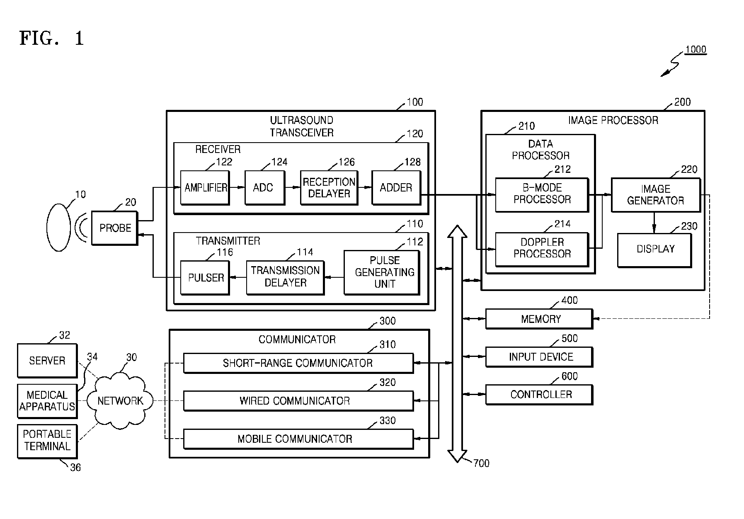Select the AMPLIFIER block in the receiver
point(205,188)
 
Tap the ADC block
point(264,188)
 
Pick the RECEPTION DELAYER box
point(329,188)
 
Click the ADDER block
point(396,188)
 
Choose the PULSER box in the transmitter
point(205,278)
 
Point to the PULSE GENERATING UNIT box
point(382,272)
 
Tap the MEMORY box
point(539,319)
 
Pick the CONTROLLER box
point(539,395)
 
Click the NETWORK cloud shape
point(120,400)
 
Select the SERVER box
point(47,361)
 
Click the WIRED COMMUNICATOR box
point(298,401)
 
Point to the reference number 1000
point(696,50)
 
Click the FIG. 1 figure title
point(52,39)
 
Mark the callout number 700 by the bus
point(481,463)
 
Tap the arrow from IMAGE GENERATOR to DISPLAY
point(654,223)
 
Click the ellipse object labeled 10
point(58,228)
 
